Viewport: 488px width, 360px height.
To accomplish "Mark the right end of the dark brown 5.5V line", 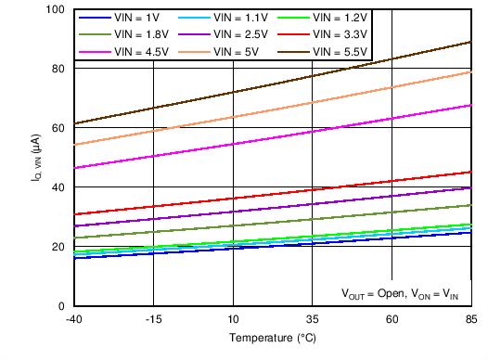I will tap(471, 42).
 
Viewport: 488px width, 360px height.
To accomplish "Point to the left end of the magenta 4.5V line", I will tap(74, 168).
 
